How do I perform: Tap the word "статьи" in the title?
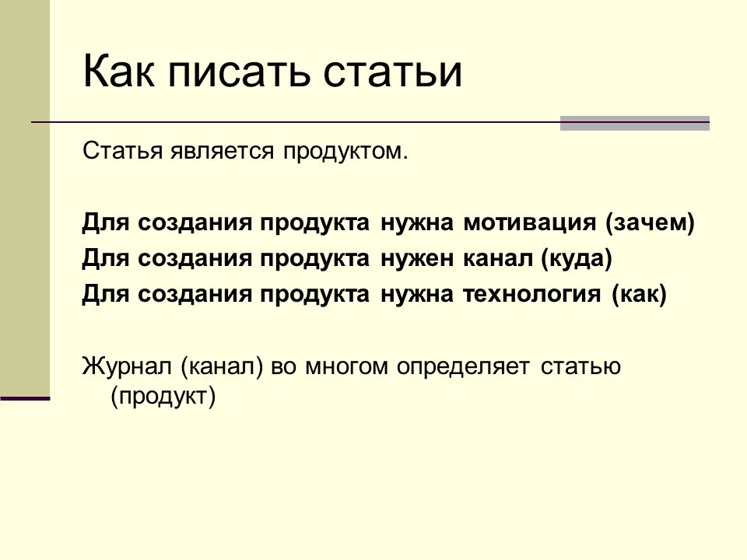pyautogui.click(x=392, y=72)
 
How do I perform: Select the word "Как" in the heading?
pyautogui.click(x=119, y=72)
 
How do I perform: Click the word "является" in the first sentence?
pyautogui.click(x=222, y=151)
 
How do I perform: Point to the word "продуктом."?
pyautogui.click(x=345, y=152)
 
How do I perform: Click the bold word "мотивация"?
pyautogui.click(x=529, y=223)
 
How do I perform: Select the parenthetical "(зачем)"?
pyautogui.click(x=650, y=223)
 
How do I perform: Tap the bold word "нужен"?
pyautogui.click(x=417, y=259)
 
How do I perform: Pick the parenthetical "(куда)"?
pyautogui.click(x=577, y=258)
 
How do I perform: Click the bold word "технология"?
pyautogui.click(x=532, y=295)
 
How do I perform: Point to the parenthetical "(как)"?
pyautogui.click(x=639, y=294)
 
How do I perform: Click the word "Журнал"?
pyautogui.click(x=127, y=367)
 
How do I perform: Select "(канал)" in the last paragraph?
pyautogui.click(x=222, y=367)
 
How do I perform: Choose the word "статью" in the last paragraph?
pyautogui.click(x=580, y=367)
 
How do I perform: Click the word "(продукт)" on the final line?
pyautogui.click(x=163, y=397)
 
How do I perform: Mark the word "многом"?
pyautogui.click(x=346, y=367)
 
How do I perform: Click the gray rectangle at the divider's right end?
pyautogui.click(x=635, y=123)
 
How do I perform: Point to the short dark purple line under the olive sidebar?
pyautogui.click(x=25, y=398)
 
